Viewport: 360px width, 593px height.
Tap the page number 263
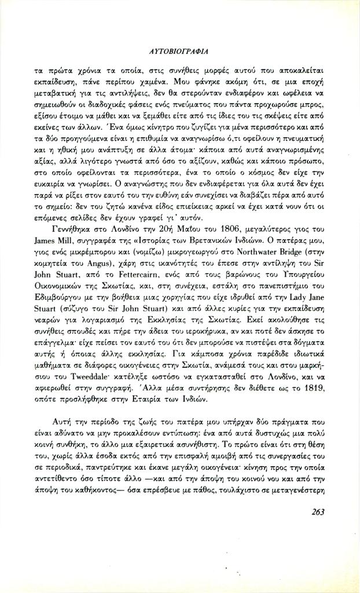tap(317, 511)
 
